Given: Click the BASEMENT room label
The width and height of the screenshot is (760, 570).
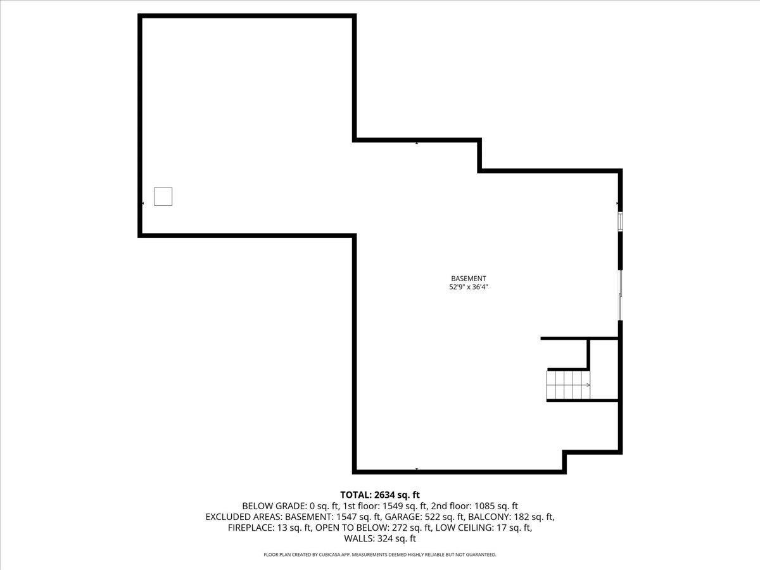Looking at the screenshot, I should (x=468, y=278).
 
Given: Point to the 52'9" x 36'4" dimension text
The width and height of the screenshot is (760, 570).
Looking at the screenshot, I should (x=468, y=287).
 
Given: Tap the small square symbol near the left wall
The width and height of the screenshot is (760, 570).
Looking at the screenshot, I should (x=163, y=196).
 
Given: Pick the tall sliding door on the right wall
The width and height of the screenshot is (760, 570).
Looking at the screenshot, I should (x=621, y=296).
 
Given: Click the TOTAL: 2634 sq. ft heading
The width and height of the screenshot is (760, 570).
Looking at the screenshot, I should (x=380, y=495).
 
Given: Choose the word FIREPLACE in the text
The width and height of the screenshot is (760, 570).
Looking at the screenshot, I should (x=251, y=528).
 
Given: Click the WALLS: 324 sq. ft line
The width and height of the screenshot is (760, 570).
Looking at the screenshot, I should (x=380, y=539).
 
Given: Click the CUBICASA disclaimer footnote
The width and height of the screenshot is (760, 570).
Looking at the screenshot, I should (x=380, y=555).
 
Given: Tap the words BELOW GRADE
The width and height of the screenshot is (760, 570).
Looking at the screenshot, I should (x=274, y=506).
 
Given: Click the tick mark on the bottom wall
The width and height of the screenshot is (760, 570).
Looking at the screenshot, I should (x=417, y=469).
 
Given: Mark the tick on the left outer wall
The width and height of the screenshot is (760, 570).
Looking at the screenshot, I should (x=142, y=203).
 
